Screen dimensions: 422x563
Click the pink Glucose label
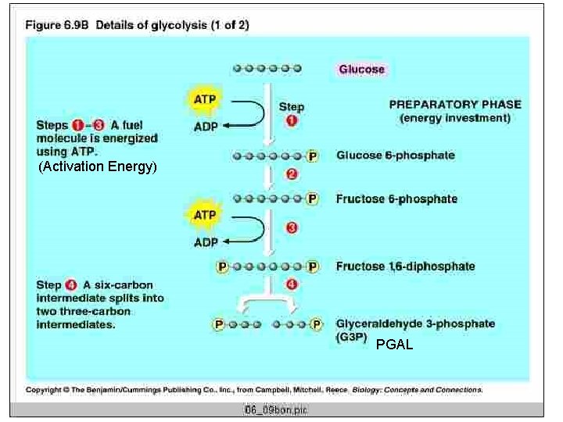pos(361,69)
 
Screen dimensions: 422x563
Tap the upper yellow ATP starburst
pos(205,100)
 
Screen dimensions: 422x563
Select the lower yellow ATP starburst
pos(205,214)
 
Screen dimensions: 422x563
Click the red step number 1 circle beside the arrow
pos(291,121)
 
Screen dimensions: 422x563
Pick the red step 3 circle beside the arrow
pos(291,228)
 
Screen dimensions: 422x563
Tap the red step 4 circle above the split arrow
pos(291,284)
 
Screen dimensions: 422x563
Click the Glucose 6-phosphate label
pos(395,156)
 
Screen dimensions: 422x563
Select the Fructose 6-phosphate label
pos(396,198)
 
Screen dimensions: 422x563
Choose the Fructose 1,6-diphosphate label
pos(405,266)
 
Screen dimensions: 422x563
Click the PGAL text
pos(394,345)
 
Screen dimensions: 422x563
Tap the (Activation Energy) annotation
pos(98,166)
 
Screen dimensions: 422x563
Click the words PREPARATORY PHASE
pos(455,105)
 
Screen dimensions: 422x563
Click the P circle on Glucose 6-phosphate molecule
pos(313,156)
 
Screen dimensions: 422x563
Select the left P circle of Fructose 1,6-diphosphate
pos(222,266)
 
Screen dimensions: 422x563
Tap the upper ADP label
pos(206,127)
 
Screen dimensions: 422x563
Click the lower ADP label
pos(206,242)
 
